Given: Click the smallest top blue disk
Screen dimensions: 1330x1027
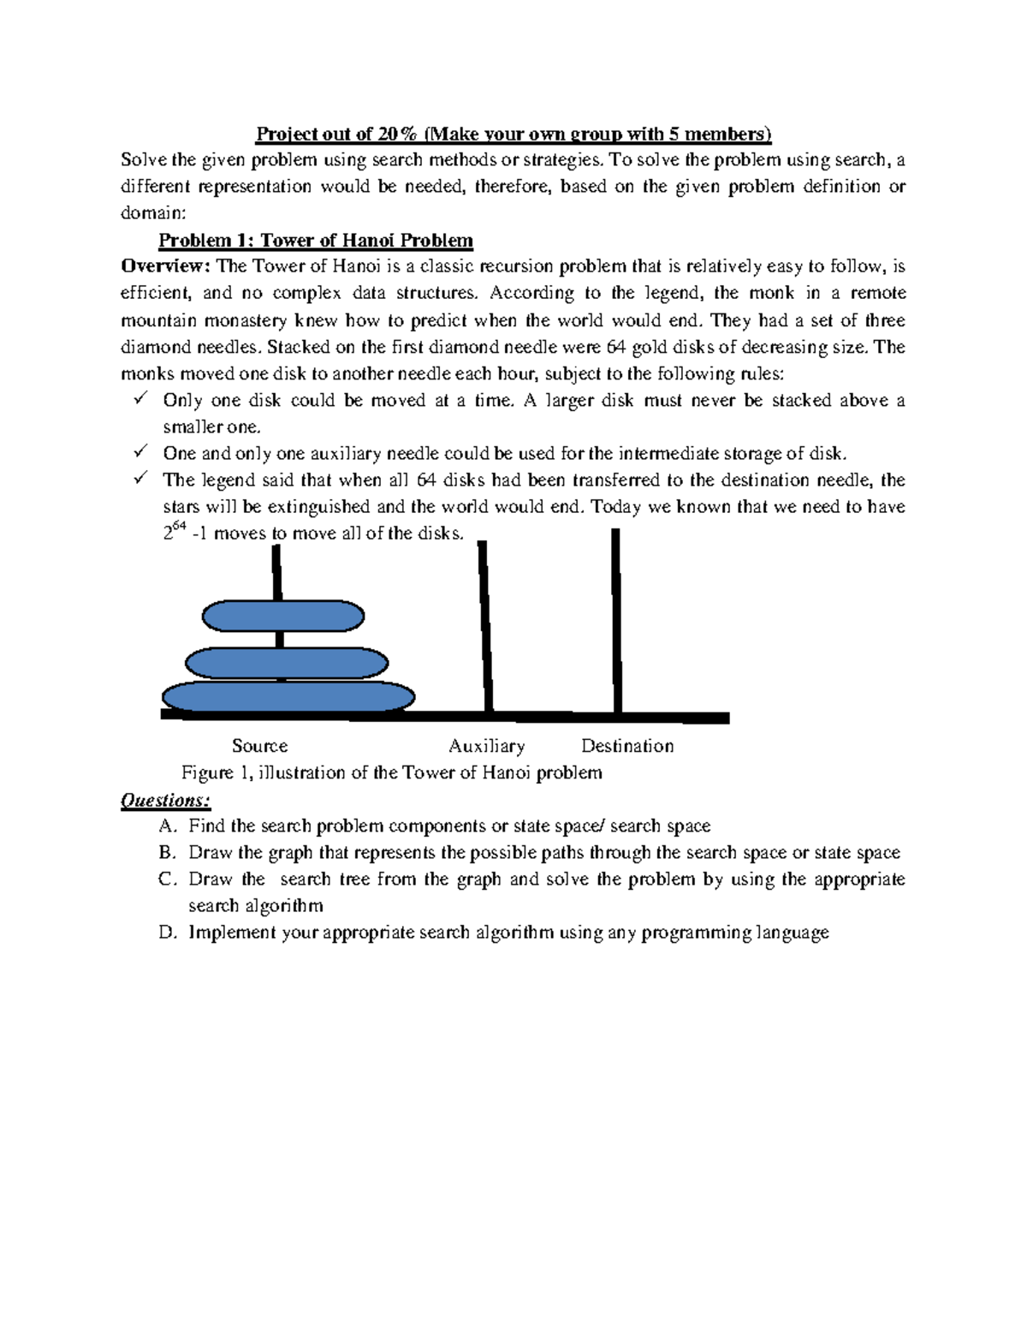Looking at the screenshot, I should [283, 616].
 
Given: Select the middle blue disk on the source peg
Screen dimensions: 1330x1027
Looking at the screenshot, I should [287, 663].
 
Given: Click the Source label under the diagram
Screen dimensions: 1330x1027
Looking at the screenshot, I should [259, 746].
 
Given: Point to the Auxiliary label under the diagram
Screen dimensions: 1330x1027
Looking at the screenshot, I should [486, 746].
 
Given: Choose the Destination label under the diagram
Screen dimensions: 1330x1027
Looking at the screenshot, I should [627, 746].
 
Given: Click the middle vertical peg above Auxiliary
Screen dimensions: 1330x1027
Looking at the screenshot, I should [485, 625].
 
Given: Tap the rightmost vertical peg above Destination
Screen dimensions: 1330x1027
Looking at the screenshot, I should [616, 621].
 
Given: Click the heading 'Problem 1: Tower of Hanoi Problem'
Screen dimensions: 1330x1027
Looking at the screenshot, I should [316, 241].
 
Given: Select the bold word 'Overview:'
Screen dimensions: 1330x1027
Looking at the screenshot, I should [166, 266].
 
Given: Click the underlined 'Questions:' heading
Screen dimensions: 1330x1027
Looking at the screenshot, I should [165, 801].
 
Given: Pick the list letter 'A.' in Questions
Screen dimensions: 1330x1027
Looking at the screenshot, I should [168, 826].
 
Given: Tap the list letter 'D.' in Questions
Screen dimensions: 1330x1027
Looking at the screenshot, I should [168, 933].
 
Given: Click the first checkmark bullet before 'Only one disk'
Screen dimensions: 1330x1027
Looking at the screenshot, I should [141, 399].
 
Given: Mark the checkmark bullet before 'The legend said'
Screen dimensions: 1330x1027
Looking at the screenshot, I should [141, 479].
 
